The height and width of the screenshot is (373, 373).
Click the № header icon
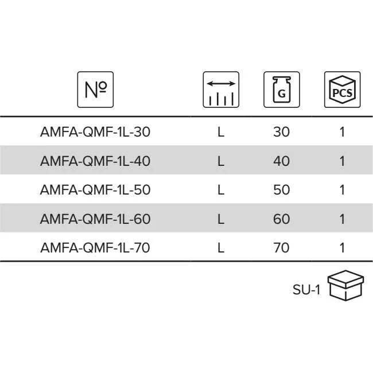pyautogui.click(x=95, y=90)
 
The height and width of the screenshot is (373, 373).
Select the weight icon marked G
pyautogui.click(x=281, y=90)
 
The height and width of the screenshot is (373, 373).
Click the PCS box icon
pyautogui.click(x=342, y=90)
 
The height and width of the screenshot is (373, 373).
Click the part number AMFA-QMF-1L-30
pyautogui.click(x=95, y=132)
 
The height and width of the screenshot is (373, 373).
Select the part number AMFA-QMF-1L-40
pyautogui.click(x=95, y=161)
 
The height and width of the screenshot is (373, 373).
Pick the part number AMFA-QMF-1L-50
pyautogui.click(x=95, y=190)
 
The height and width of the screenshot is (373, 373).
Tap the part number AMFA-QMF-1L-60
pyautogui.click(x=95, y=219)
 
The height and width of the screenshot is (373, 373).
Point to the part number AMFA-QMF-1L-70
pyautogui.click(x=95, y=248)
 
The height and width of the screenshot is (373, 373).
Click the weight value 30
pyautogui.click(x=282, y=132)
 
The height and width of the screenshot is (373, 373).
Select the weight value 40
pyautogui.click(x=282, y=161)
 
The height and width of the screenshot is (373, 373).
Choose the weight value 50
pyautogui.click(x=282, y=190)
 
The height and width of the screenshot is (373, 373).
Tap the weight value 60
pyautogui.click(x=282, y=219)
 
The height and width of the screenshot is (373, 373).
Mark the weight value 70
pyautogui.click(x=282, y=248)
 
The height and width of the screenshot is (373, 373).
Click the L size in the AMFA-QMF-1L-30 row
pyautogui.click(x=220, y=132)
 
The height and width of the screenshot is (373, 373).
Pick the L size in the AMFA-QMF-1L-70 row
pyautogui.click(x=220, y=248)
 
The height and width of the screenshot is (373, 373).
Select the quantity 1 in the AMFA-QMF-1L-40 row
pyautogui.click(x=342, y=161)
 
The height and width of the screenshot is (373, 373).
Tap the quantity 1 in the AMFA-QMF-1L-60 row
pyautogui.click(x=342, y=219)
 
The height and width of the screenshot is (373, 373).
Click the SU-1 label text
pyautogui.click(x=306, y=290)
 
